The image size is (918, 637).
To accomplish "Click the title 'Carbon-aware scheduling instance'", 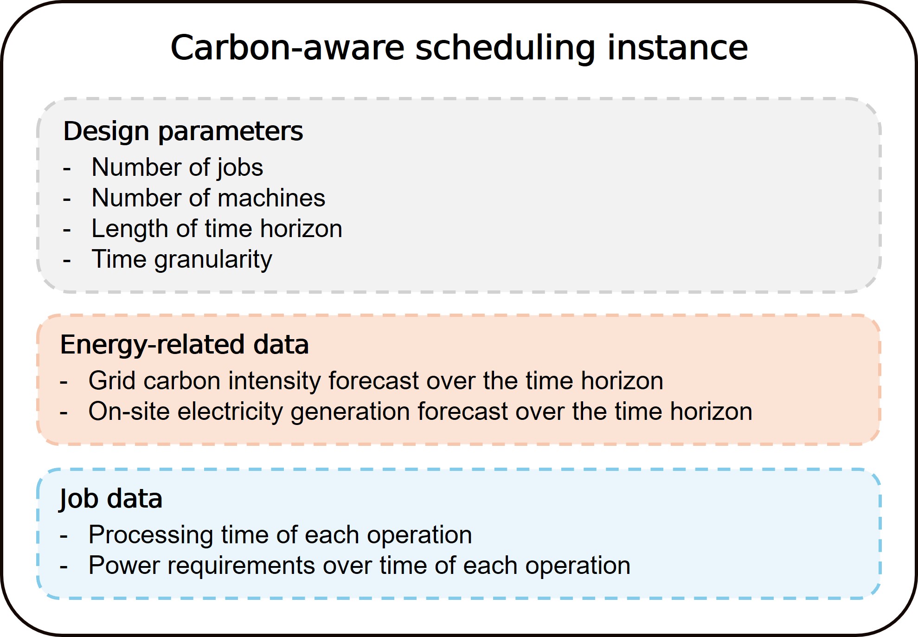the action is pos(459,47).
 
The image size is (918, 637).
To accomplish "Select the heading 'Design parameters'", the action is pos(183,131).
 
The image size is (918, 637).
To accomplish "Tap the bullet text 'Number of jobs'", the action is pos(177,167).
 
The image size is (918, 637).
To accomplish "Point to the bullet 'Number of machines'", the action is pos(208,198).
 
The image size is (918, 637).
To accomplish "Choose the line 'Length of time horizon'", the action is pos(217,229).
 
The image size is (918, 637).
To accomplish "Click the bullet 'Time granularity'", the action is pos(182,260).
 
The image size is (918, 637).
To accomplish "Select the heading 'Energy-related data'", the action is pos(185,345).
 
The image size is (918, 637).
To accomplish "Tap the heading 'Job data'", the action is pos(111,499).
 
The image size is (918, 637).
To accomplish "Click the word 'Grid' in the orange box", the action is pos(111,381).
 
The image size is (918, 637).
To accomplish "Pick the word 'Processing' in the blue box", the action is pos(151,535).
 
